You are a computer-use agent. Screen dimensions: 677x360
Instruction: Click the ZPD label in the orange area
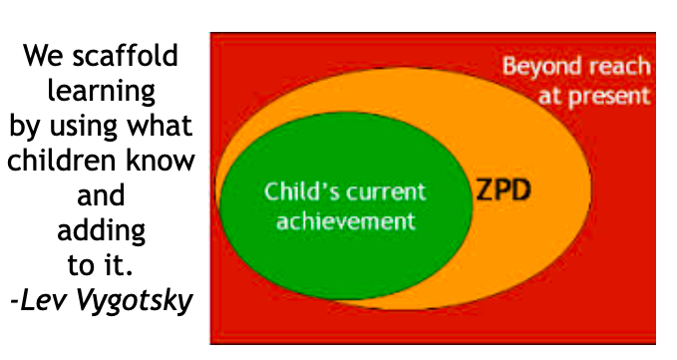tap(504, 190)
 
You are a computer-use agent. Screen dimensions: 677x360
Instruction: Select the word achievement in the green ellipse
tap(346, 221)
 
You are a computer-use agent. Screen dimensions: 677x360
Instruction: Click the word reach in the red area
tap(619, 66)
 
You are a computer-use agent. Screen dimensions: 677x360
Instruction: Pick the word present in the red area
tap(609, 97)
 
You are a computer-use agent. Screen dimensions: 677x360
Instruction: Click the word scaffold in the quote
tap(126, 55)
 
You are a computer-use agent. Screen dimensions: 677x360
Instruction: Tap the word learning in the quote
tap(101, 91)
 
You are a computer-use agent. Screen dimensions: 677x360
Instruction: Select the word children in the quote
tap(63, 161)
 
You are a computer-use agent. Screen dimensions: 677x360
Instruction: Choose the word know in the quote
tap(161, 161)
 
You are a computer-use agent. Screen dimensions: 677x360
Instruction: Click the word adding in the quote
tap(101, 230)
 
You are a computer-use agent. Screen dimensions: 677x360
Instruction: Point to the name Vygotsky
tap(135, 300)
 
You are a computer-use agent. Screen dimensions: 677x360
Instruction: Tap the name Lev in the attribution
tap(43, 300)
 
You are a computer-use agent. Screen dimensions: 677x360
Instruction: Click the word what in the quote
tap(160, 126)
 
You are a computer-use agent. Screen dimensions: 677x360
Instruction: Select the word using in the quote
tap(84, 127)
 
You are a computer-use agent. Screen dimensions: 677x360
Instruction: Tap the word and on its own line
tap(101, 195)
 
